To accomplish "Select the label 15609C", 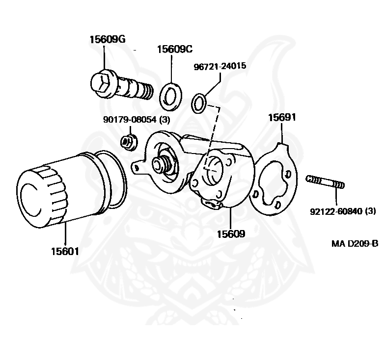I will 174,49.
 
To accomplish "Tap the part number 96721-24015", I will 220,66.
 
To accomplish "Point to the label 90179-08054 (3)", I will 136,119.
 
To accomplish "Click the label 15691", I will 282,118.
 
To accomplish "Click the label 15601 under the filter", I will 65,251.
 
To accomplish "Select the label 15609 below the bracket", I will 231,234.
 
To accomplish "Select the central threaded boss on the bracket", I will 164,163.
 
